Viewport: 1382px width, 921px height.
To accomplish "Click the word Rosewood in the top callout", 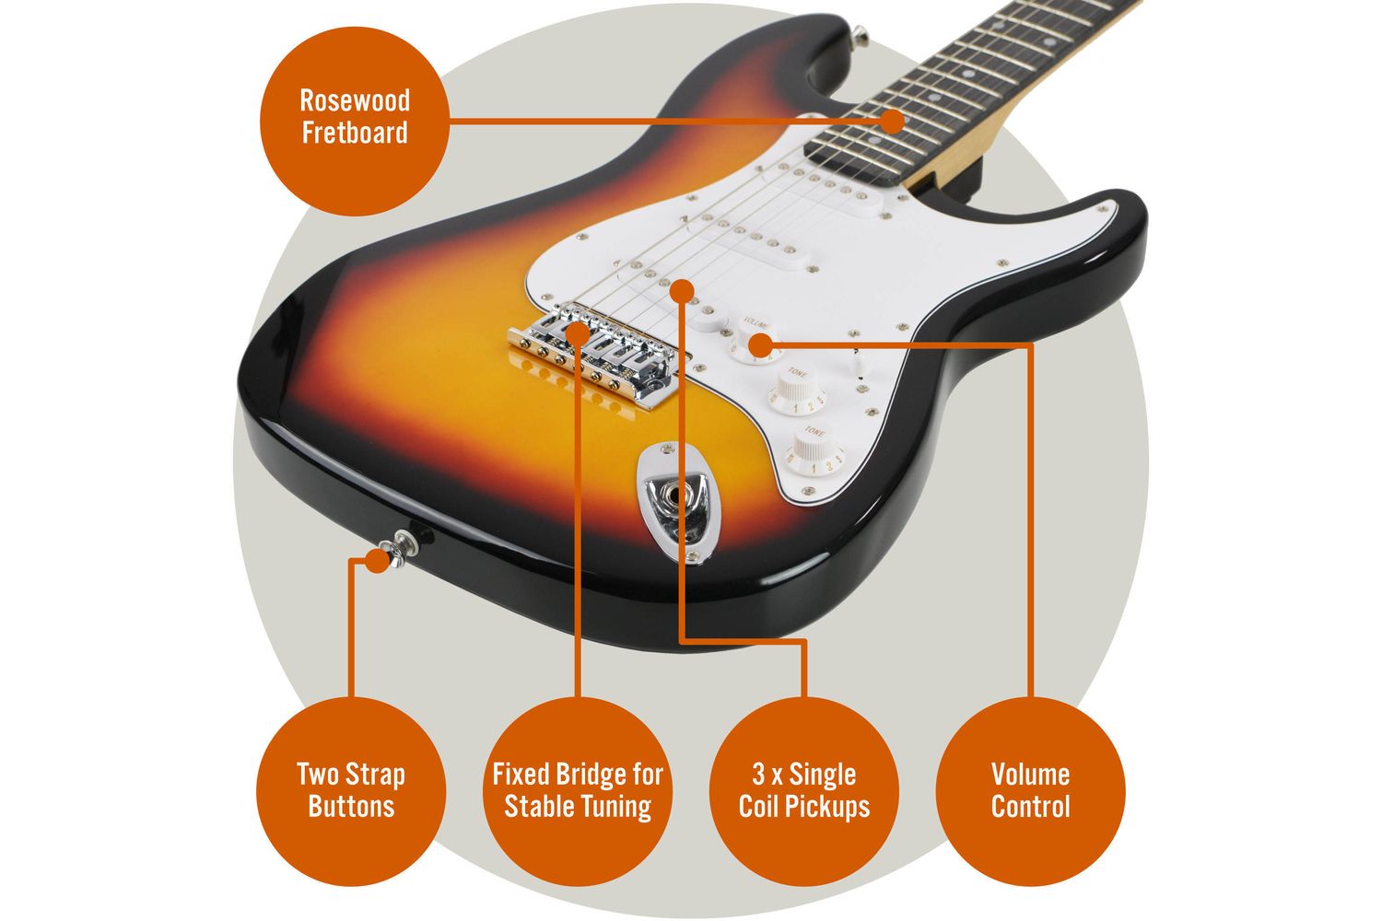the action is tap(355, 101).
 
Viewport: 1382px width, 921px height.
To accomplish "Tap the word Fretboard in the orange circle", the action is tap(355, 134).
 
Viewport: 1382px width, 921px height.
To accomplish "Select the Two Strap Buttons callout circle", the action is tap(351, 791).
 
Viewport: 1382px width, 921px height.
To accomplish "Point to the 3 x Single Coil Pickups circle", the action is tap(804, 791).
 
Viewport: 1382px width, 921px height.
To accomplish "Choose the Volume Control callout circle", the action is tap(1030, 791).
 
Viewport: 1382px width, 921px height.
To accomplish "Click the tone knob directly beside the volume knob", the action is tap(796, 390).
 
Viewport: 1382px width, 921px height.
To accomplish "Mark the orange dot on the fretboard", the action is tap(892, 122).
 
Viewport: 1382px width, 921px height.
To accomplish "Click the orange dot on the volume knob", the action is tap(761, 345).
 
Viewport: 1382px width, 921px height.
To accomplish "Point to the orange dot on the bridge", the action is tap(578, 333).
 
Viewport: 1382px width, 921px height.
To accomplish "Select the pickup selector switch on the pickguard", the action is tap(858, 363).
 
